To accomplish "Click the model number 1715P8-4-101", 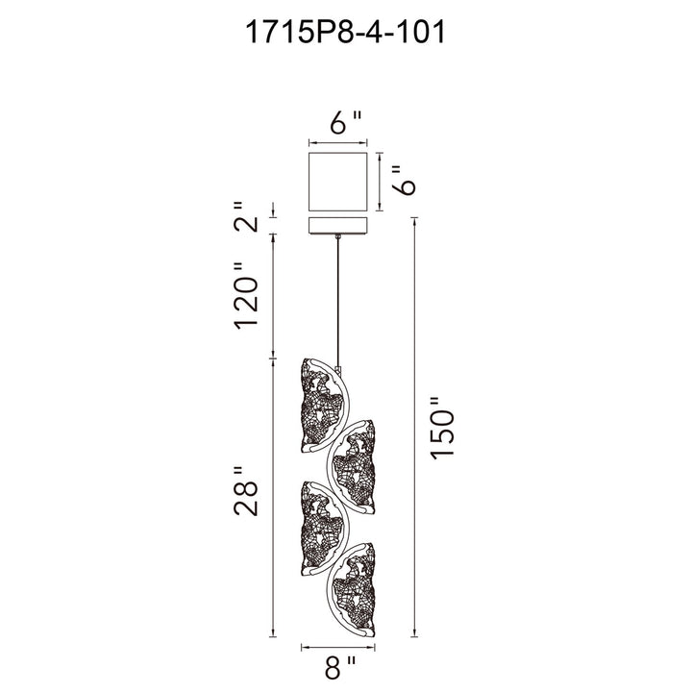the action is pyautogui.click(x=345, y=33).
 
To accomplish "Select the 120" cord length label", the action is pyautogui.click(x=246, y=296).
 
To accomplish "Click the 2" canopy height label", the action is pyautogui.click(x=246, y=217).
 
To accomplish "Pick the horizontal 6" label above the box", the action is pyautogui.click(x=346, y=122).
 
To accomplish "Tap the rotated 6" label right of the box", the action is pyautogui.click(x=404, y=180).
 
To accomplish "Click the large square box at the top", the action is pyautogui.click(x=337, y=182).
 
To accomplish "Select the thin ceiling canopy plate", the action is pyautogui.click(x=337, y=225).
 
